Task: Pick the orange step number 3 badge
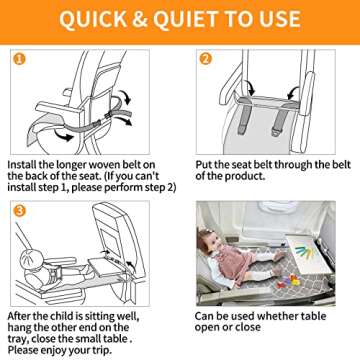[x=18, y=212]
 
